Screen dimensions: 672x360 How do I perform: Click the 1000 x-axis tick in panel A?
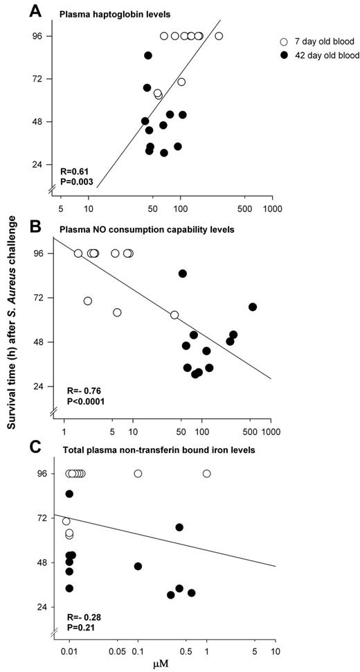[271, 206]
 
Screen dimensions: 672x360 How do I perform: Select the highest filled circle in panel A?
[148, 55]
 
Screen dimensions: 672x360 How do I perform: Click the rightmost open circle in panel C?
[206, 474]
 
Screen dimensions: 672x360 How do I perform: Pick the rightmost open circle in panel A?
[219, 36]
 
